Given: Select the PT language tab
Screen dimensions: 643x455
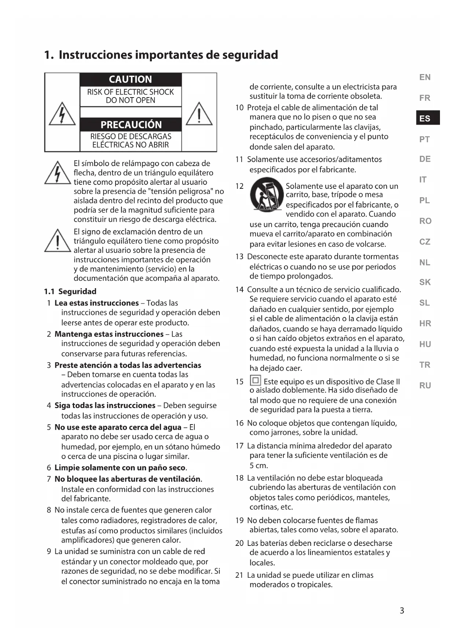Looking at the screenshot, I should (x=424, y=139).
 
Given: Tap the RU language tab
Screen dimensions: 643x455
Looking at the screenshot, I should (x=425, y=386).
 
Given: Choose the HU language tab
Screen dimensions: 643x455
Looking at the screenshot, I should (x=425, y=344).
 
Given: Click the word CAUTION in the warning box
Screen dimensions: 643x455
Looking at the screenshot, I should (x=130, y=80).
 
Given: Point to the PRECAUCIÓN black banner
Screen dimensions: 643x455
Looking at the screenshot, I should (x=131, y=125).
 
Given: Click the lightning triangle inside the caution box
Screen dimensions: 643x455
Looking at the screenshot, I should (x=62, y=114).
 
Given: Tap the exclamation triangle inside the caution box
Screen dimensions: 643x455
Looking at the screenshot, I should (x=199, y=114).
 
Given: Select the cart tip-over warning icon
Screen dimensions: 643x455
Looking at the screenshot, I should (x=267, y=195).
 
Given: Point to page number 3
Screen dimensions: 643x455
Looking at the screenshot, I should (x=402, y=611).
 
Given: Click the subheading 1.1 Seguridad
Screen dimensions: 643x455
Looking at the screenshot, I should (x=70, y=291).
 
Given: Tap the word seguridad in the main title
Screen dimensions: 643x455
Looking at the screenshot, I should (x=250, y=55).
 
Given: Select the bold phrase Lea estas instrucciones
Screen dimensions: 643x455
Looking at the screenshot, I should (x=96, y=303).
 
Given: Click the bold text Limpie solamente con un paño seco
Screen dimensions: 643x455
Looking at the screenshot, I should (x=120, y=468).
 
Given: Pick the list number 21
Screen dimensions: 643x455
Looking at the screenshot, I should (x=239, y=575).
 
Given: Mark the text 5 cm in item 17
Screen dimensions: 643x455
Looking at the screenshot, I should (x=259, y=466).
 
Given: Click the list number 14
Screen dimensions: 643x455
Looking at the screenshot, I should (x=239, y=290).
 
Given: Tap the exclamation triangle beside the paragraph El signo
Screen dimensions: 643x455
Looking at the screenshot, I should (x=58, y=241).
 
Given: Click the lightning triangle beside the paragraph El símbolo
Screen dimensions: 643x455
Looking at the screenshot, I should (x=58, y=173).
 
